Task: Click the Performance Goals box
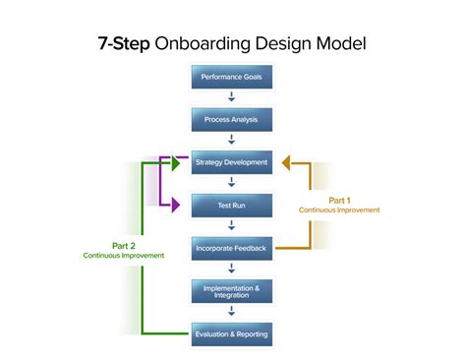point(231,77)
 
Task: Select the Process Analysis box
point(231,119)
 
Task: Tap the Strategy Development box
point(231,162)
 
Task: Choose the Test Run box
point(231,205)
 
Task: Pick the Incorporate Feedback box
point(231,247)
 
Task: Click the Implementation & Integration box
point(231,290)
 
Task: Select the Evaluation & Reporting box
point(231,333)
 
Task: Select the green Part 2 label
point(123,246)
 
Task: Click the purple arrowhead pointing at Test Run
point(177,205)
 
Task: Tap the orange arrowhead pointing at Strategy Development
point(287,162)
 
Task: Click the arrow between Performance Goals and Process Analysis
point(231,97)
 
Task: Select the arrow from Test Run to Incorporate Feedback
point(231,226)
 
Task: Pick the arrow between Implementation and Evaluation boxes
point(231,312)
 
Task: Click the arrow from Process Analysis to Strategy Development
point(231,141)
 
